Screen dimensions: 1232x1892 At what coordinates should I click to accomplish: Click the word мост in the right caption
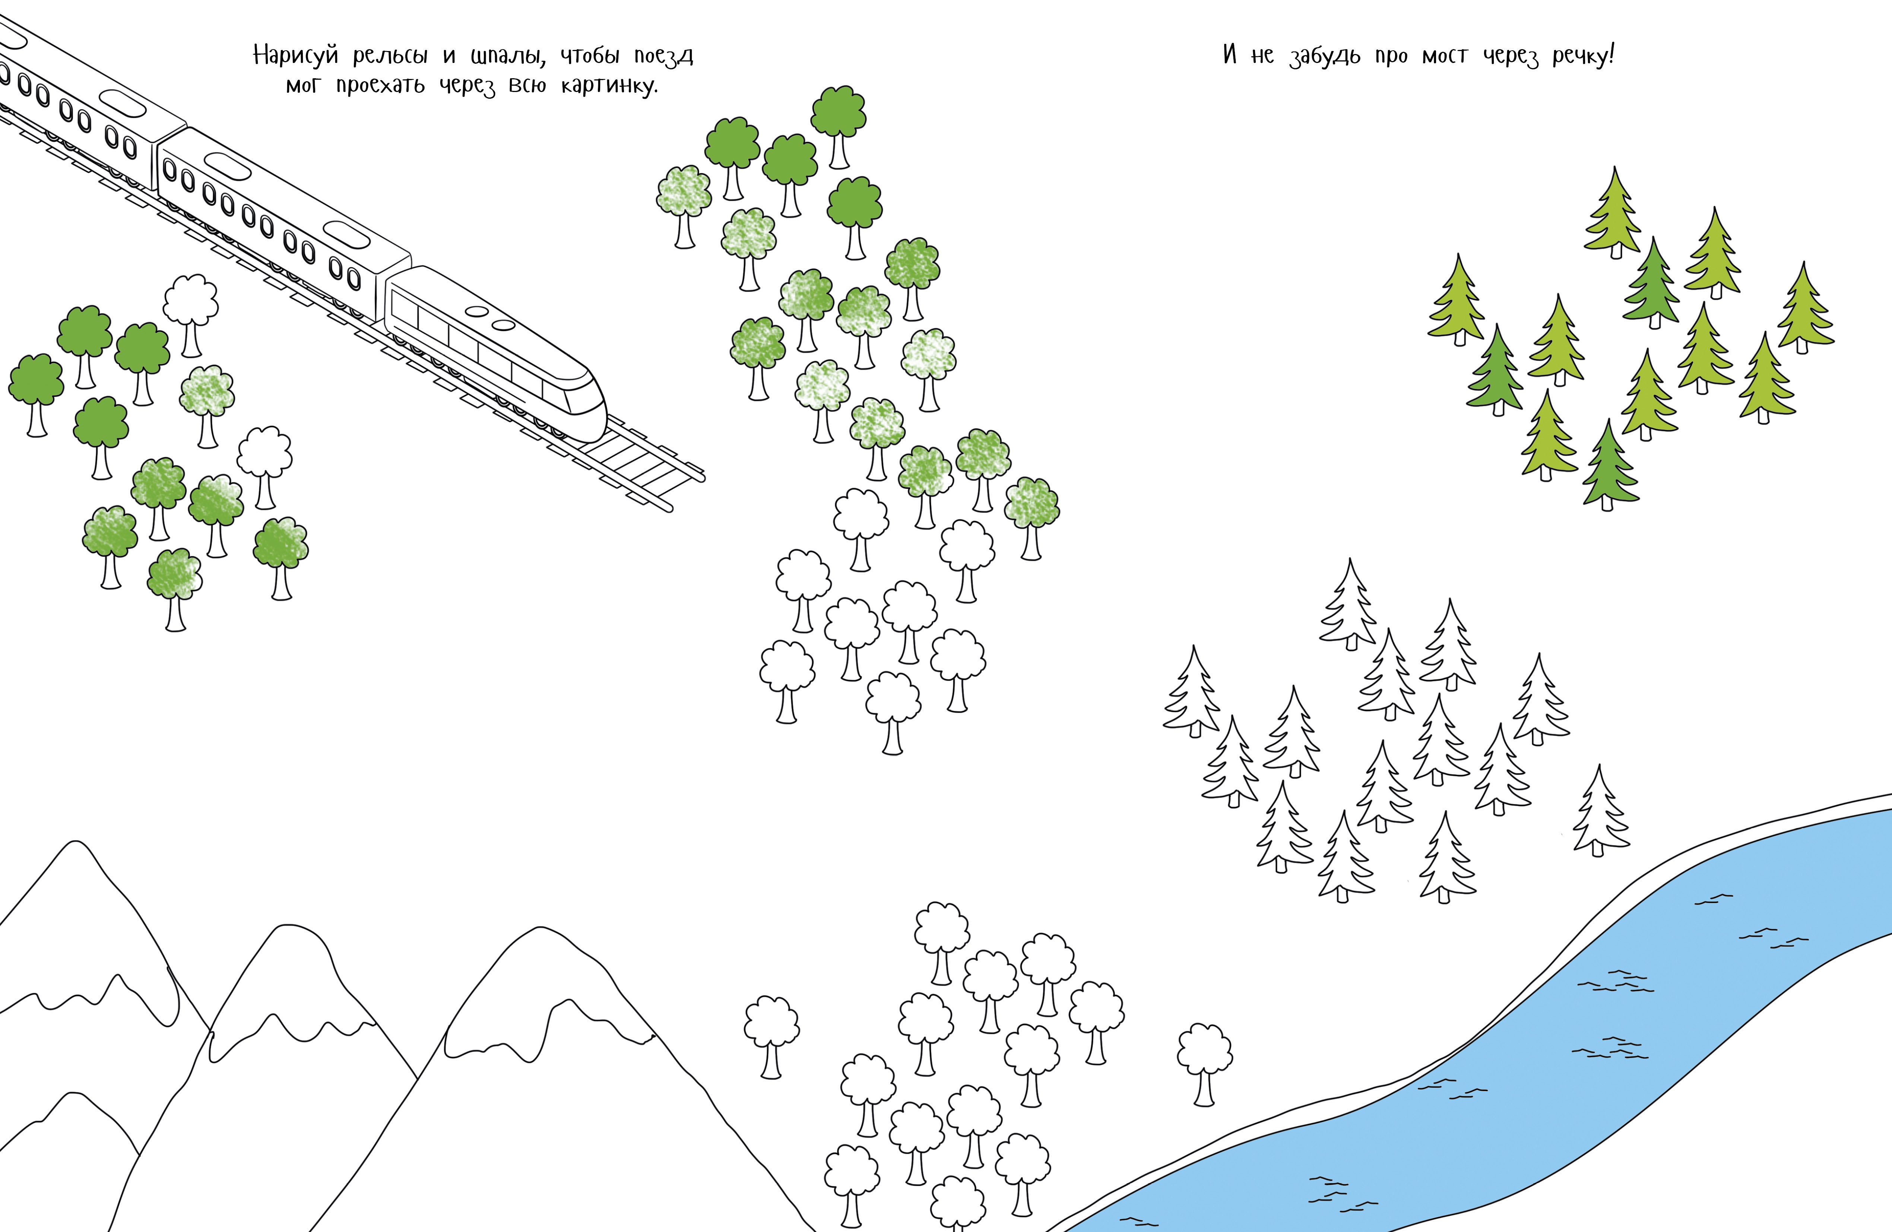(x=1445, y=56)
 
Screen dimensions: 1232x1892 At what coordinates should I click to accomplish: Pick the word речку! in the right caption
(x=1584, y=56)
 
